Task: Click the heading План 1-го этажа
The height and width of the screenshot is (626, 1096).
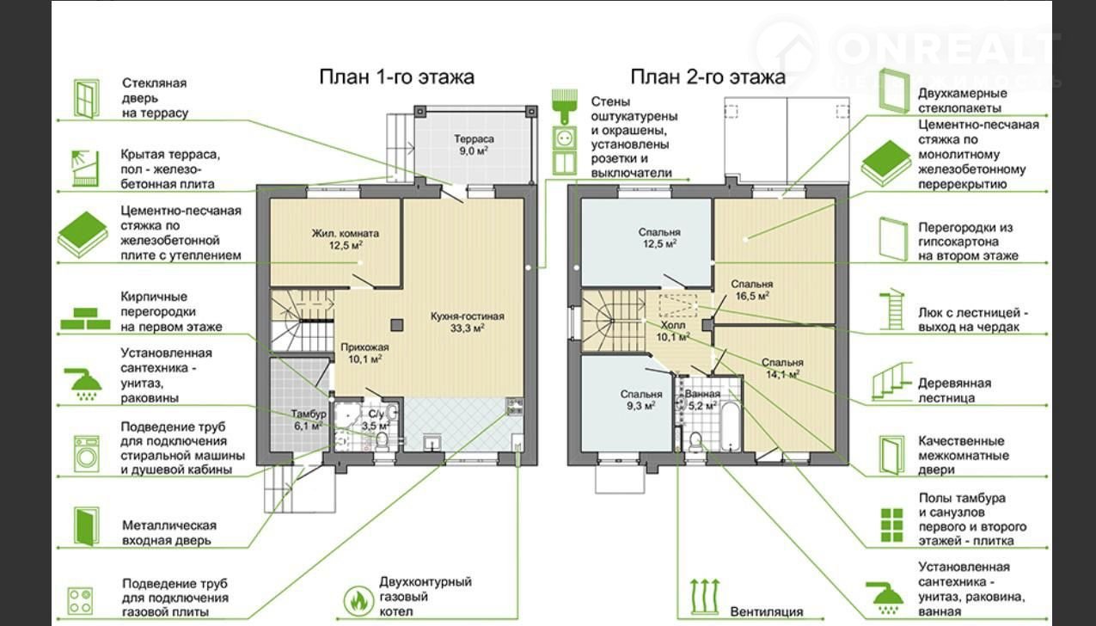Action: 397,77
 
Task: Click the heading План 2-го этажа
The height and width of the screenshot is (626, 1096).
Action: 707,77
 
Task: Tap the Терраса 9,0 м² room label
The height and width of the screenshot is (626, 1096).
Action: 474,144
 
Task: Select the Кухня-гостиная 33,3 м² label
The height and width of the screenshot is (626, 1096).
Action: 468,322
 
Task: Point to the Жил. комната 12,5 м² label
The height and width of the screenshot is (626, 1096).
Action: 346,239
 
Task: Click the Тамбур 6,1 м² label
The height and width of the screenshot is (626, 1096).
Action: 309,420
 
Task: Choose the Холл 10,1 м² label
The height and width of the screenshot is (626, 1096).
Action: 673,331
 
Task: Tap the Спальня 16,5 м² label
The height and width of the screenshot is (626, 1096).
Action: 752,290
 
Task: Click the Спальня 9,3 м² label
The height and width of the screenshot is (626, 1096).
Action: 641,400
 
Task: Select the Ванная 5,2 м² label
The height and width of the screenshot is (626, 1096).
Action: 702,399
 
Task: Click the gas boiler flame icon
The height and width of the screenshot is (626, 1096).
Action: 358,600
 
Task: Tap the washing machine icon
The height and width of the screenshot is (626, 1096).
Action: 87,454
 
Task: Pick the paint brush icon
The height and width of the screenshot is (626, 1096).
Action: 564,107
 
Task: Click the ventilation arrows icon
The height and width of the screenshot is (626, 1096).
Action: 705,597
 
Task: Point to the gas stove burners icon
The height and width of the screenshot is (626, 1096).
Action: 80,601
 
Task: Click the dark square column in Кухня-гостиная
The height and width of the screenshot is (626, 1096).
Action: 397,325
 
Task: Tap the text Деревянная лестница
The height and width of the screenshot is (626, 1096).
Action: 954,390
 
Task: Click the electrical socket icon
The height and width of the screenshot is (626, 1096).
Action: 564,138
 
